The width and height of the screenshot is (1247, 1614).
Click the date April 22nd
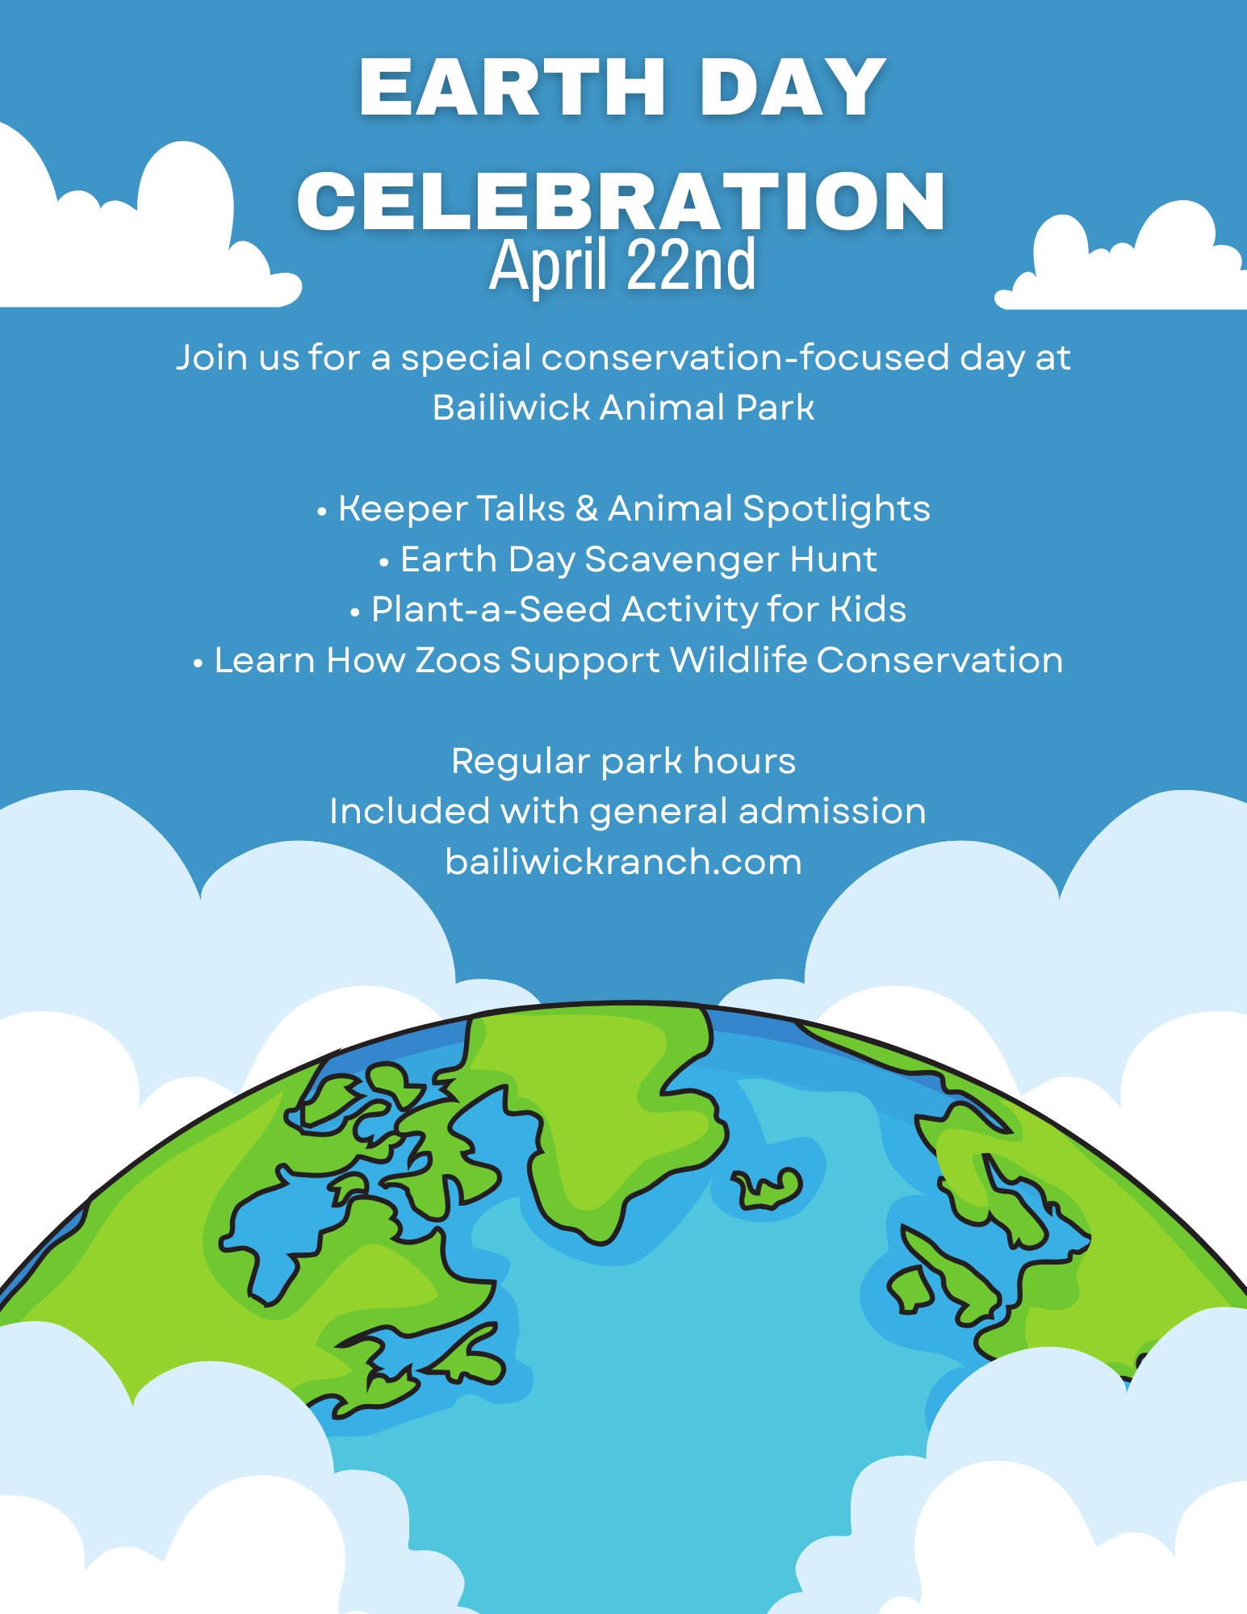[622, 265]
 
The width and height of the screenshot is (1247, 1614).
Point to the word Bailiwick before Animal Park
[511, 408]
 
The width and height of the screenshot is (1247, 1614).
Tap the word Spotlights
[836, 509]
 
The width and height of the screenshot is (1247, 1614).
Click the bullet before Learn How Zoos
[198, 663]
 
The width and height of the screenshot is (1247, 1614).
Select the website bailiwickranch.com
[623, 862]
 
